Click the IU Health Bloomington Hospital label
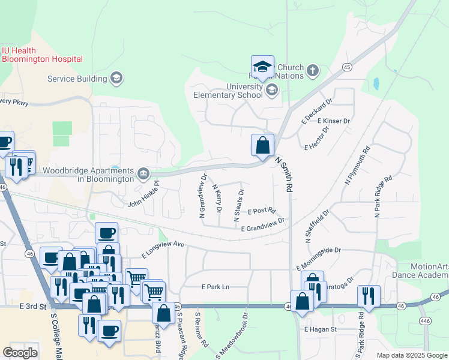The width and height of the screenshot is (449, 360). coord(41,55)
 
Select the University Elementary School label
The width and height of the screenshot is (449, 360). coord(228,91)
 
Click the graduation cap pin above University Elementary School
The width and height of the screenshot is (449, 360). coord(262,67)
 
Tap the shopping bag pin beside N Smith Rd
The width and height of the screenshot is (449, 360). coord(262,145)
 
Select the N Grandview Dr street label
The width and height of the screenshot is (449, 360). coord(203,195)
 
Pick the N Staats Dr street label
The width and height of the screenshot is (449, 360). coord(238,205)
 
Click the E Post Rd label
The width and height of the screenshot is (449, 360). coord(261,211)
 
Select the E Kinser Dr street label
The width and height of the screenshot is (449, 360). coord(334,121)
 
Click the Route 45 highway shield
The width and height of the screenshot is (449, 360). coord(347,67)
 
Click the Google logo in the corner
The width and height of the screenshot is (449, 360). coord(20,353)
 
